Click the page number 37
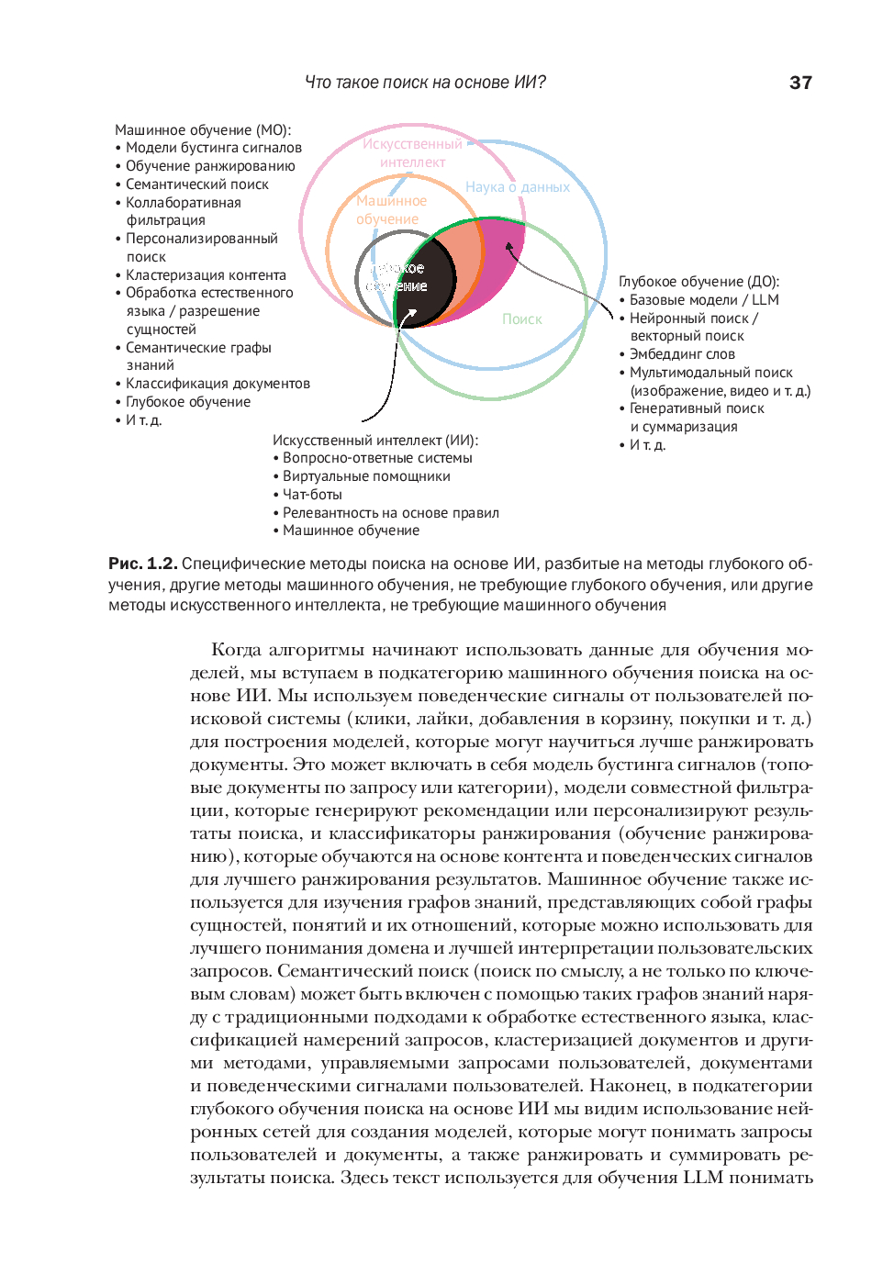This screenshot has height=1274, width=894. pyautogui.click(x=800, y=83)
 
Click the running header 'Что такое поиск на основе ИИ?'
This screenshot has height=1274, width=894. pyautogui.click(x=425, y=83)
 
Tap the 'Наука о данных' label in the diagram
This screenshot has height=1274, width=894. pyautogui.click(x=517, y=187)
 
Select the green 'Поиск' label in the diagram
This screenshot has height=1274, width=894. pyautogui.click(x=521, y=319)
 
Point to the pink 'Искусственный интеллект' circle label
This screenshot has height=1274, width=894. pyautogui.click(x=413, y=153)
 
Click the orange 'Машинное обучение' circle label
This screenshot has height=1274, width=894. pyautogui.click(x=391, y=210)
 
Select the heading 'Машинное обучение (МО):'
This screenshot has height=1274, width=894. pyautogui.click(x=203, y=130)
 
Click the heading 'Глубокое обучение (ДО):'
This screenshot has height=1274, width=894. pyautogui.click(x=698, y=282)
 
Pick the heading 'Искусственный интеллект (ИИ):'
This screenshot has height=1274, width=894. pyautogui.click(x=375, y=441)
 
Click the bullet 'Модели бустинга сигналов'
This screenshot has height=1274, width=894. pyautogui.click(x=213, y=148)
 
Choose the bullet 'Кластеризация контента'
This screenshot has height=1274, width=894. pyautogui.click(x=206, y=275)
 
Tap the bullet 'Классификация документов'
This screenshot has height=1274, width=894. pyautogui.click(x=218, y=384)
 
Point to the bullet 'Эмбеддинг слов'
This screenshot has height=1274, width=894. pyautogui.click(x=682, y=354)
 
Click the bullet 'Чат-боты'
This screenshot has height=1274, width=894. pyautogui.click(x=312, y=495)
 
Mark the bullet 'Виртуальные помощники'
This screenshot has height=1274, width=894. pyautogui.click(x=366, y=476)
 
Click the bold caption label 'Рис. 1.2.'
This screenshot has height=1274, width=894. pyautogui.click(x=142, y=564)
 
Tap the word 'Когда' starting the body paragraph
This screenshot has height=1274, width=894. pyautogui.click(x=236, y=650)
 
